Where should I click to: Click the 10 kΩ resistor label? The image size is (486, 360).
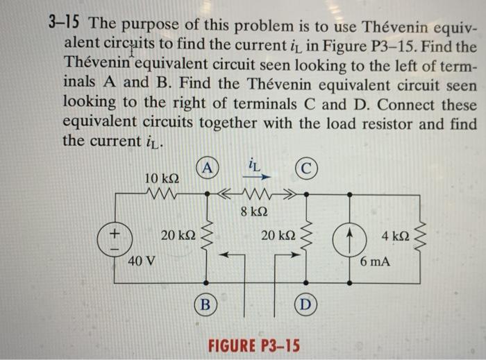tap(162, 180)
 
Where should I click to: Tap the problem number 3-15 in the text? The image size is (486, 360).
tap(65, 23)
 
